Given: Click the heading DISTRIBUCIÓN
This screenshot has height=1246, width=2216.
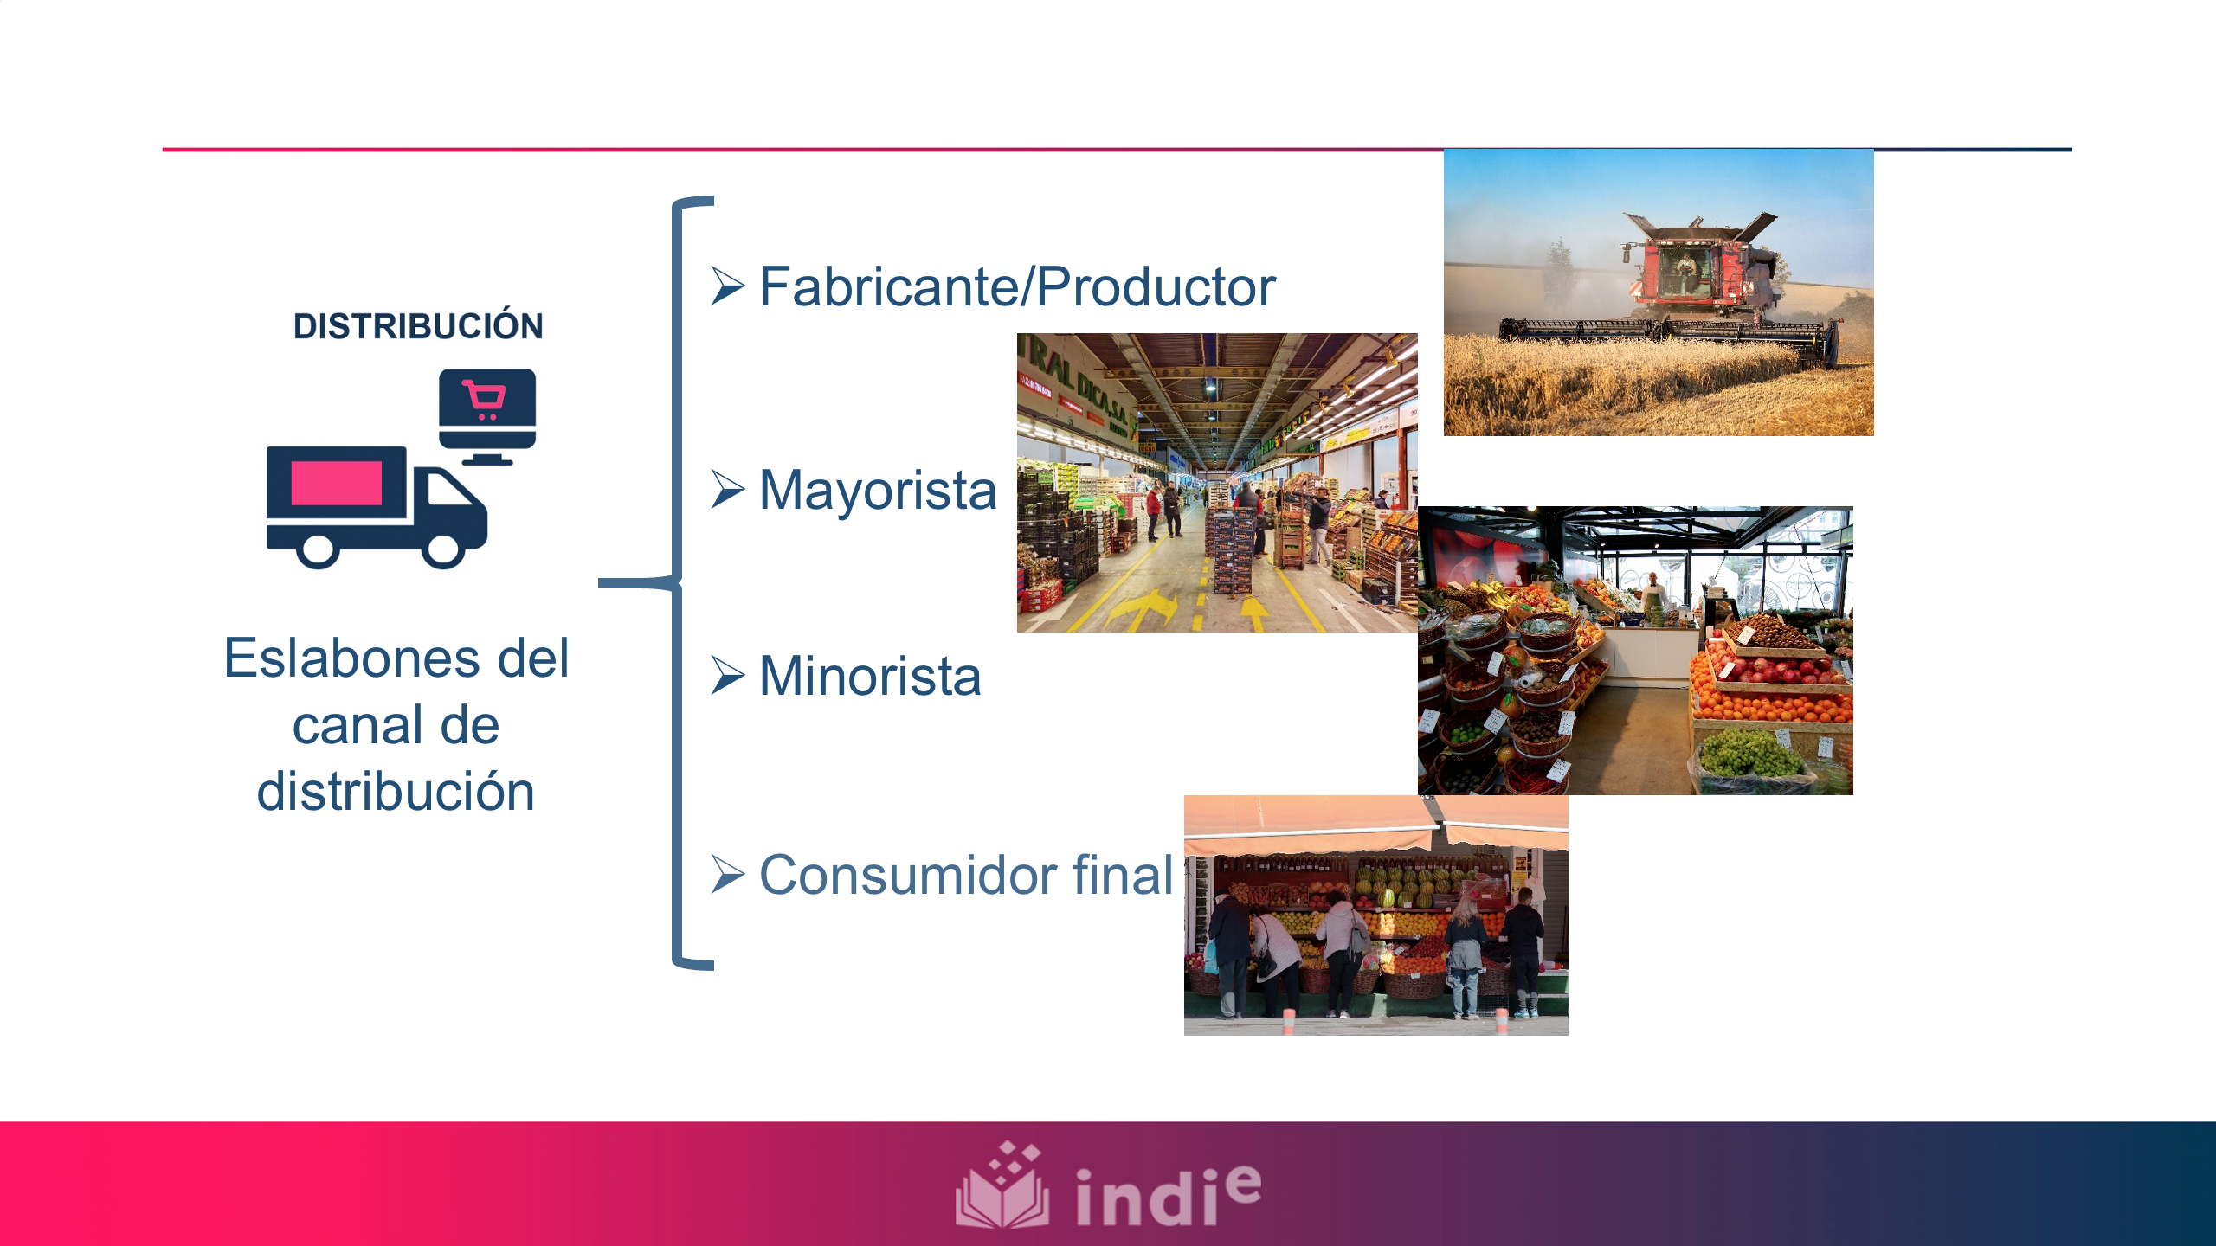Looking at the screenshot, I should [418, 326].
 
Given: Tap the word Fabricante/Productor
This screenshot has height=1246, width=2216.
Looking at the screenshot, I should [1017, 286].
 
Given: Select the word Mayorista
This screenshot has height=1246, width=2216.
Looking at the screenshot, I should [878, 490].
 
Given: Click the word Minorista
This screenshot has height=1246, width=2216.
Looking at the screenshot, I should [870, 676].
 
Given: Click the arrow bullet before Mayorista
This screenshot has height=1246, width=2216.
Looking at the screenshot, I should [727, 490].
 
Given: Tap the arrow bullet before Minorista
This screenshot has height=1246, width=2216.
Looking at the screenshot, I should [727, 676].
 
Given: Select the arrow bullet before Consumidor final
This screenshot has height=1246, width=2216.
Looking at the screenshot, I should [727, 875].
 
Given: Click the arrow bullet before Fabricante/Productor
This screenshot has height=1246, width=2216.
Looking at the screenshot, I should [727, 286].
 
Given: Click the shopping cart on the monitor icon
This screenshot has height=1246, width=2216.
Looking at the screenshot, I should [485, 399].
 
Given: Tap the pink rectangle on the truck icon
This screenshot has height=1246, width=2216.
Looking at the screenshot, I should [337, 483].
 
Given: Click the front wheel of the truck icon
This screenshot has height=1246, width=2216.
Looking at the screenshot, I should [443, 549].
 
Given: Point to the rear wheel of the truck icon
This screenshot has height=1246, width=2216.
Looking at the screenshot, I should [318, 549].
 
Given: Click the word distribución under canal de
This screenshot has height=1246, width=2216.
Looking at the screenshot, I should [396, 792].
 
